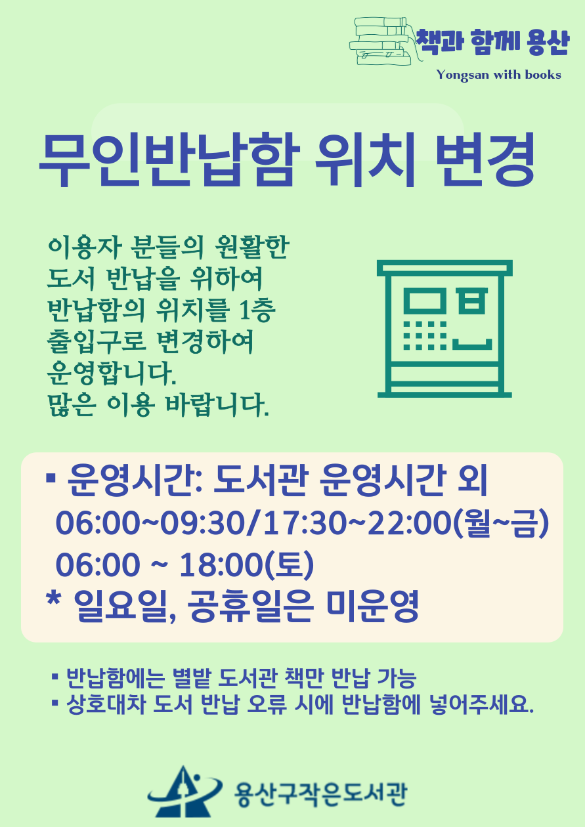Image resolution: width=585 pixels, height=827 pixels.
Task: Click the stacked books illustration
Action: [x=385, y=41]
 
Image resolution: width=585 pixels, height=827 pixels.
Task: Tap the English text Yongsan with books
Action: [x=498, y=75]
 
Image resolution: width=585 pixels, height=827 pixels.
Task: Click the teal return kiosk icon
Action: [x=444, y=329]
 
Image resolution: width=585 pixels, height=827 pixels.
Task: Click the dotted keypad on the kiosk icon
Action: [x=425, y=335]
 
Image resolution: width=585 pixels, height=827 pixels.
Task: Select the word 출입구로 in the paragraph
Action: [x=97, y=341]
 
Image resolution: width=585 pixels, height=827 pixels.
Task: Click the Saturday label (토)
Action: [x=290, y=564]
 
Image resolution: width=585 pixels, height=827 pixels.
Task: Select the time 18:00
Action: [x=221, y=564]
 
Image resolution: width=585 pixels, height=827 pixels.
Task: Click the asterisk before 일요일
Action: [x=54, y=601]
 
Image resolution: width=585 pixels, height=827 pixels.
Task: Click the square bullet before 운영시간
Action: [x=50, y=478]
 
